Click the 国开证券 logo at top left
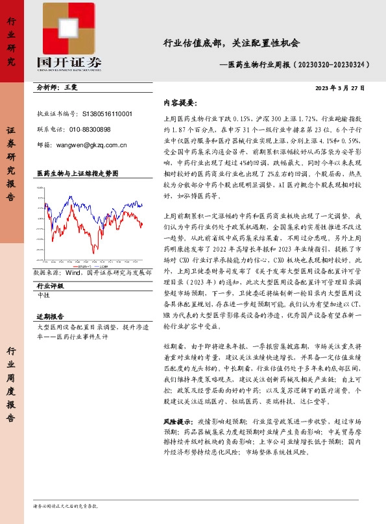click(x=69, y=41)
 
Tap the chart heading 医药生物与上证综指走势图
click(x=77, y=174)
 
